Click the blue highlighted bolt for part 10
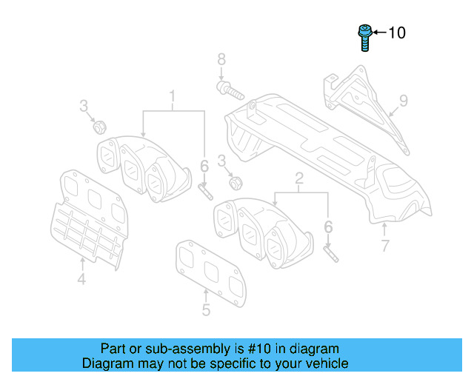point(364,37)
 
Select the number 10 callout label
point(397,33)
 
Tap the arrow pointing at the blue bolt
point(378,33)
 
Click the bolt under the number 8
point(230,91)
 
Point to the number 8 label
point(221,58)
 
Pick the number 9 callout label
point(404,100)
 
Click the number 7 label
point(384,246)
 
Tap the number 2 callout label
point(299,178)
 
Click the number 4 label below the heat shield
point(81,279)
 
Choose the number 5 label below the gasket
point(206,310)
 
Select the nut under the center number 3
point(236,182)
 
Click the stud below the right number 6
point(330,252)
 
